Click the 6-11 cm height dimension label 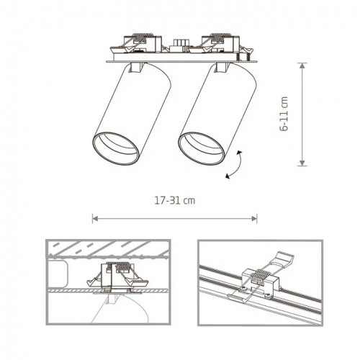coord(286,114)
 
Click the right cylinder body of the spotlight coord(219,108)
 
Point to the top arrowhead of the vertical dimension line coord(302,64)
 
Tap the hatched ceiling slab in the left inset coord(108,248)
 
